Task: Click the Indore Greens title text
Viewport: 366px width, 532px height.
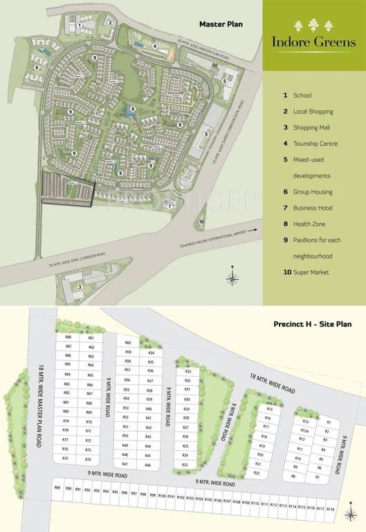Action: pos(314,42)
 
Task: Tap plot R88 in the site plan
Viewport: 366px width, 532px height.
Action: pos(68,337)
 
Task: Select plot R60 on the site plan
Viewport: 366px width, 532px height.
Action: pos(128,343)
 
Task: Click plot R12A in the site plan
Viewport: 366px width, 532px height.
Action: pos(304,430)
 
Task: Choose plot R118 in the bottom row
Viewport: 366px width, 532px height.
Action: pos(330,508)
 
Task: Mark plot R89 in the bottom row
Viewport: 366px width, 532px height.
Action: pos(57,489)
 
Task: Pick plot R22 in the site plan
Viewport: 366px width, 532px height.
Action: pos(257,472)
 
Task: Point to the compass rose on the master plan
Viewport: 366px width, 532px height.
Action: pos(234,277)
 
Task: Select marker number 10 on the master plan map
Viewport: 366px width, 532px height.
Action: pos(201,222)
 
